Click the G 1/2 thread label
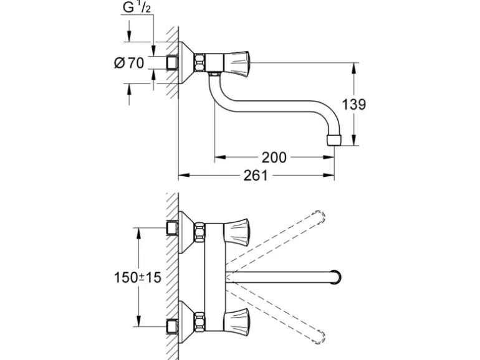[x=137, y=7]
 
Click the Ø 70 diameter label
[x=129, y=63]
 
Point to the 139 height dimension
[x=353, y=104]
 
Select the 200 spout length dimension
[x=274, y=158]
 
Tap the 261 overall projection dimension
[x=256, y=176]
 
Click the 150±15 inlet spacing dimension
[x=137, y=277]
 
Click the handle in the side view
[x=238, y=62]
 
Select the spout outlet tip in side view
[x=334, y=140]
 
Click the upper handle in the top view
[x=238, y=232]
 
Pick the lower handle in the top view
[x=238, y=322]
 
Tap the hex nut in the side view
[x=199, y=62]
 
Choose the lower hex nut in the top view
[x=199, y=322]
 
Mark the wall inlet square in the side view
[x=172, y=62]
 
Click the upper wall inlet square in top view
[x=172, y=228]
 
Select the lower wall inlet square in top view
[x=172, y=326]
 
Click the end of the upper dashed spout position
[x=319, y=217]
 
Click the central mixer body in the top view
[x=215, y=277]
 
